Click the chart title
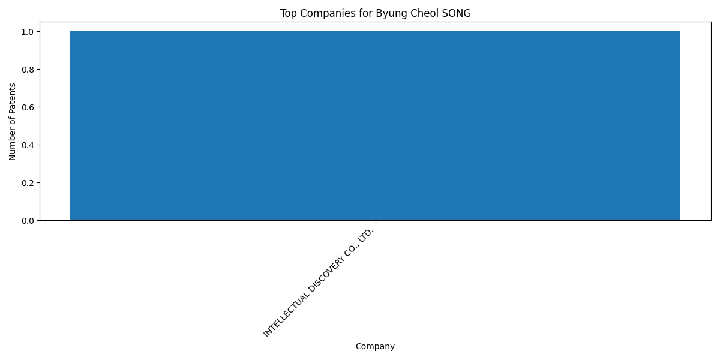click(376, 13)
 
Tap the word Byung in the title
click(388, 14)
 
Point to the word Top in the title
click(289, 14)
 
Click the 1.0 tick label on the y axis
click(28, 32)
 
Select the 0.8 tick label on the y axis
click(28, 70)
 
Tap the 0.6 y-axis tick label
click(28, 107)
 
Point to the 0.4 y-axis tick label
click(28, 145)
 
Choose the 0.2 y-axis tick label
click(28, 183)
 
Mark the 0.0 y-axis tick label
click(28, 221)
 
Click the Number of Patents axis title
click(12, 122)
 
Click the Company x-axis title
click(375, 347)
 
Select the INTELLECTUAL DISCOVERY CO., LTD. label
click(319, 283)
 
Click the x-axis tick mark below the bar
click(376, 222)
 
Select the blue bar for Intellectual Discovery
click(376, 126)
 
